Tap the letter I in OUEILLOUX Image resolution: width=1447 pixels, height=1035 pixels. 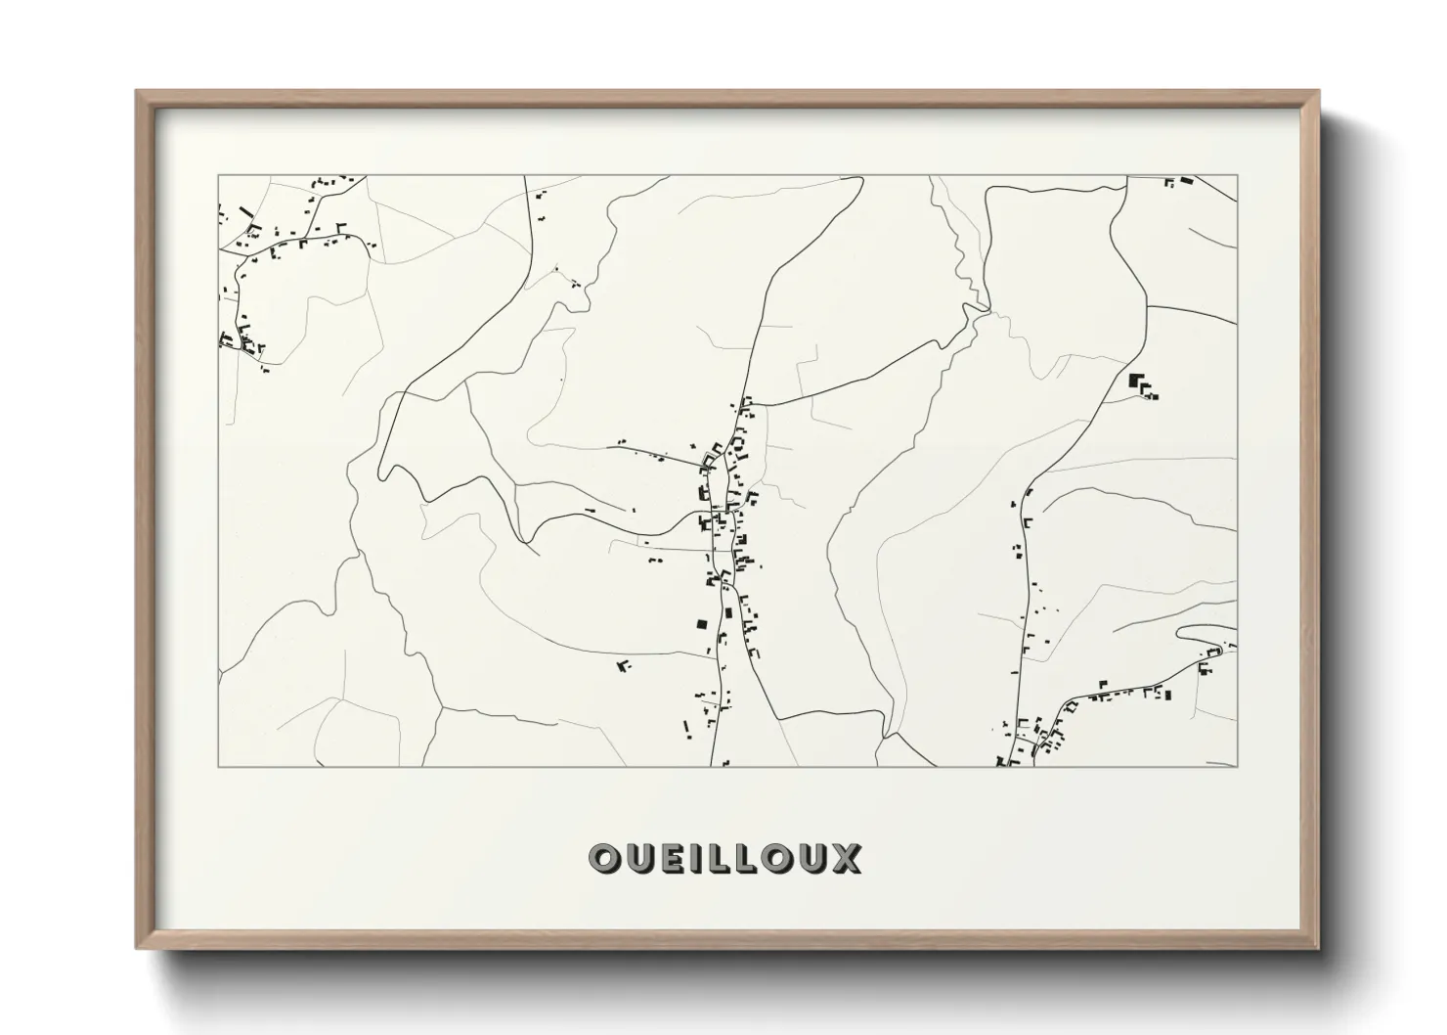coord(692,858)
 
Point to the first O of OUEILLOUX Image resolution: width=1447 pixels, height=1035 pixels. coord(602,858)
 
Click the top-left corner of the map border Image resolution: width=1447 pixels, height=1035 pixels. coord(218,176)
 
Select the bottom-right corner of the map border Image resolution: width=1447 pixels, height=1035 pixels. coord(1238,766)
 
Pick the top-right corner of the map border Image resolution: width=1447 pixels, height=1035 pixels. coord(1238,176)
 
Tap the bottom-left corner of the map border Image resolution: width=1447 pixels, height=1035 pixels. coord(218,766)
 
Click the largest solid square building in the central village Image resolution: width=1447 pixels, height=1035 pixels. coord(701,624)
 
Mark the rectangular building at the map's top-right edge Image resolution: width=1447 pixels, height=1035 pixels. coord(1187,181)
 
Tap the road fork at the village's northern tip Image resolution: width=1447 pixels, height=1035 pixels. coord(746,404)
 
